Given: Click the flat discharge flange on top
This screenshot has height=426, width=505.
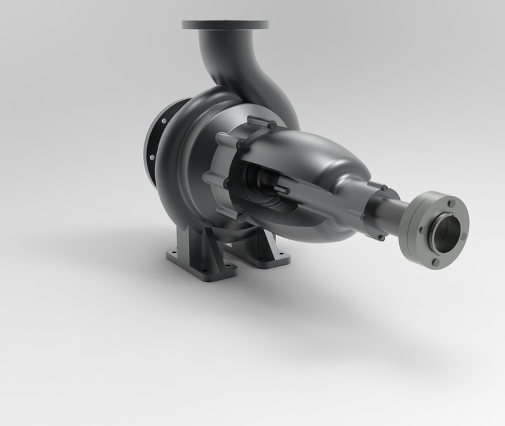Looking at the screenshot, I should click(225, 25).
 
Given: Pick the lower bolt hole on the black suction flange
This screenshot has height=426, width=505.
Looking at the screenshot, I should click(152, 158).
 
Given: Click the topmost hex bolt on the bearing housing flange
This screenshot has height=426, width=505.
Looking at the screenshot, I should click(271, 124).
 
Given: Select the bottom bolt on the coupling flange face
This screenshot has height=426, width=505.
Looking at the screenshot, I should click(435, 262).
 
